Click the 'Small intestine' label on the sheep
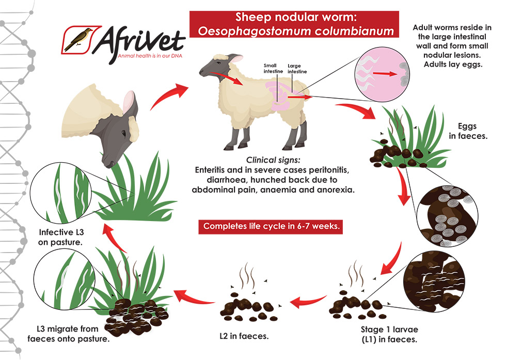[271, 69]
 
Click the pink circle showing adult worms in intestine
[382, 75]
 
